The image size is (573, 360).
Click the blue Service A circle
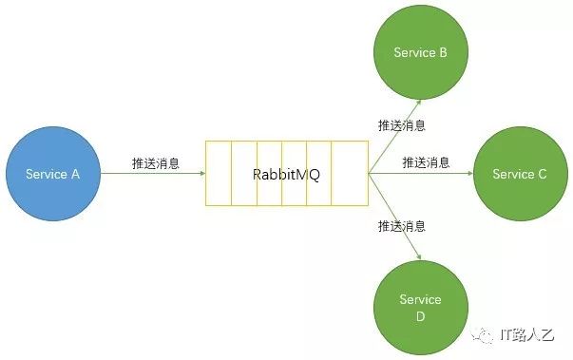[53, 174]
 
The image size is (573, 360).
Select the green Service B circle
[421, 52]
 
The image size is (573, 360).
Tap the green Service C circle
[521, 174]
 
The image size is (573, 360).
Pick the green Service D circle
[421, 308]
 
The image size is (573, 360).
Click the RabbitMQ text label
[287, 174]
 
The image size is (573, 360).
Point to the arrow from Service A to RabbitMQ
[153, 174]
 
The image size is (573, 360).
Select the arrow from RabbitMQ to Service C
[421, 174]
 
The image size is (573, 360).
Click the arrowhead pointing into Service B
[418, 103]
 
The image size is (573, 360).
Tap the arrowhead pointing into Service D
[418, 256]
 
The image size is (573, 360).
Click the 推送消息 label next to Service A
[156, 163]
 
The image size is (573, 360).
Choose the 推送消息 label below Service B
[402, 125]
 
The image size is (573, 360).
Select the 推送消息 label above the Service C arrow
[426, 162]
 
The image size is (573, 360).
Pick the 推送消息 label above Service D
[402, 226]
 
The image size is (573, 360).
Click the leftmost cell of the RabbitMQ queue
[219, 174]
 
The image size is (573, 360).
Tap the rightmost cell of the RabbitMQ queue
[350, 174]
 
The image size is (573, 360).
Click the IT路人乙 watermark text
[527, 334]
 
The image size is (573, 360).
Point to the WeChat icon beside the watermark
[483, 334]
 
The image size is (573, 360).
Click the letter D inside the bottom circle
[420, 316]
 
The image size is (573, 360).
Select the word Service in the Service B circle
[414, 52]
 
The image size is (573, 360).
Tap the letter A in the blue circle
[75, 174]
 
